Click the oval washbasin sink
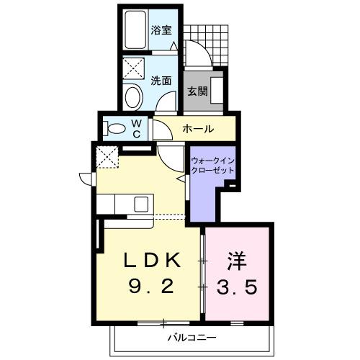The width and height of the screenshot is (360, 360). (132, 97)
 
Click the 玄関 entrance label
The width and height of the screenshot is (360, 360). (197, 91)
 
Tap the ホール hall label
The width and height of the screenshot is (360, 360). (197, 130)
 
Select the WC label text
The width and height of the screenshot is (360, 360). (137, 128)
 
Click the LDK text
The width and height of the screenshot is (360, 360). (150, 260)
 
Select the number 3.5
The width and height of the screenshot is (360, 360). (238, 287)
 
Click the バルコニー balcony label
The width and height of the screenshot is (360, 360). (188, 336)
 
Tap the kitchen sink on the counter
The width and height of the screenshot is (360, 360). (140, 204)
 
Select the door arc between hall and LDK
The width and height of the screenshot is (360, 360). (173, 157)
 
